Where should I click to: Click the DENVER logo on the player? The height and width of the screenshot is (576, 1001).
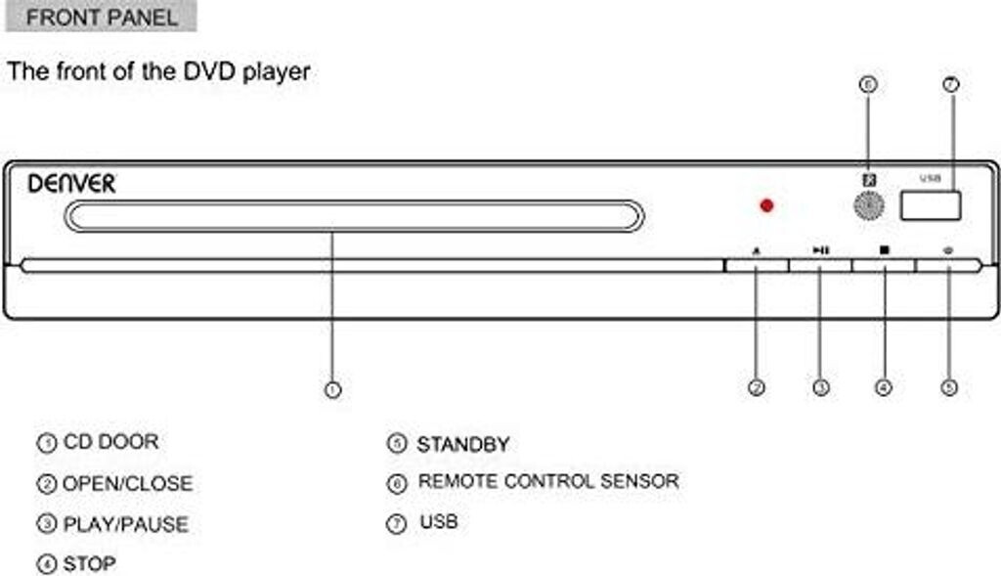point(71,183)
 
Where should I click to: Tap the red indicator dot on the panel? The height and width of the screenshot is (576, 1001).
point(766,205)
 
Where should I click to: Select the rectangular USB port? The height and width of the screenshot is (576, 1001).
point(931,204)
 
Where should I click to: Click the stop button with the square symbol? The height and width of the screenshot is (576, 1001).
point(884,264)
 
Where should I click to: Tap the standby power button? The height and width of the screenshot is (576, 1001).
point(948,264)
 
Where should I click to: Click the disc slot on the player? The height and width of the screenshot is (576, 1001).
point(354,216)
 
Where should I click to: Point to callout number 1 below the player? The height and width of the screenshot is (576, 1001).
point(332,390)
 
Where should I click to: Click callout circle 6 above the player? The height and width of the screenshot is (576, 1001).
point(867,85)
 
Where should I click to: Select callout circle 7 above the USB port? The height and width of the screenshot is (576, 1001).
point(950,85)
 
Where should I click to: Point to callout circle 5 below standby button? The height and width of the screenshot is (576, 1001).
point(948,387)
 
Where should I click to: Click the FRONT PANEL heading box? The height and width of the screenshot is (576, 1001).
point(102,17)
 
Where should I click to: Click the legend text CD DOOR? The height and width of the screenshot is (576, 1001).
point(110,442)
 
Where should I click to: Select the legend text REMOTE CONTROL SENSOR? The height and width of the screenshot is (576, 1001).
point(547,481)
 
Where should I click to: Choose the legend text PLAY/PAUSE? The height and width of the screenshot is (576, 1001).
point(125,524)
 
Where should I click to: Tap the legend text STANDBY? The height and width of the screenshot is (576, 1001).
point(462,444)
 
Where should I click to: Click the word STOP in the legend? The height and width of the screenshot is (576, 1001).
point(89,564)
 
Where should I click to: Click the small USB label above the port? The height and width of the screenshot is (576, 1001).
point(930,179)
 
